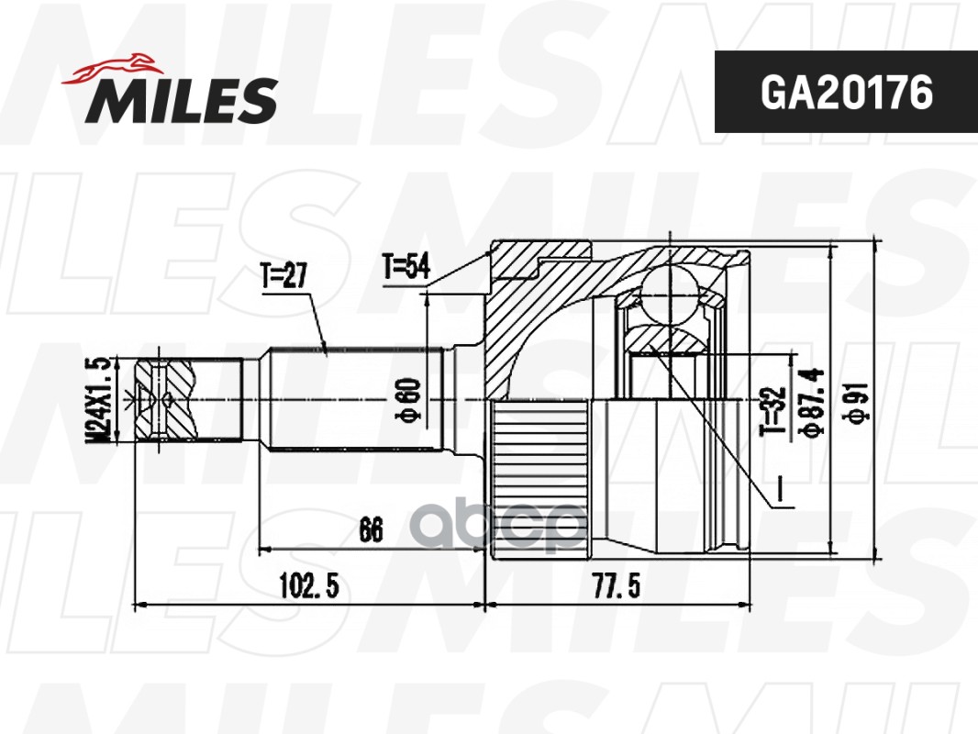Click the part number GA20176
tap(847, 93)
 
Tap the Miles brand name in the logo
tap(182, 100)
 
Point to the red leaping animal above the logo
tap(110, 70)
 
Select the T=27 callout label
tap(283, 275)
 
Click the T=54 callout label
tap(406, 267)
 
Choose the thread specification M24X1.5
tap(99, 400)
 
